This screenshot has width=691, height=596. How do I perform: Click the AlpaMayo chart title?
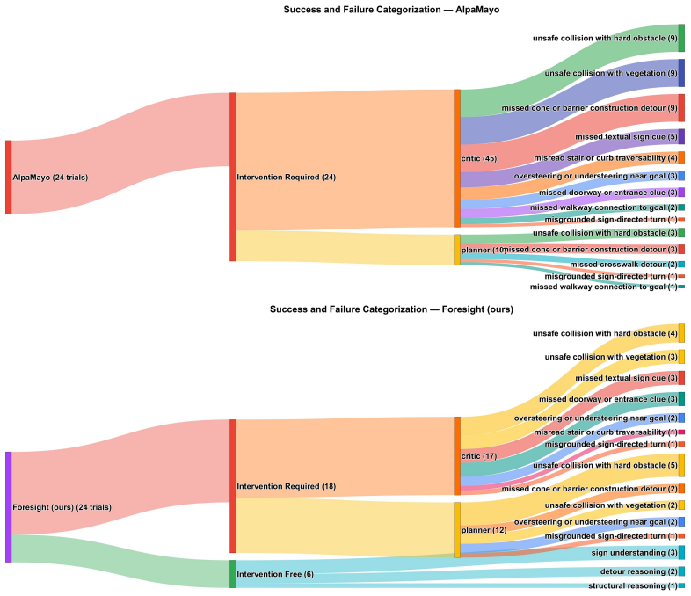tap(391, 10)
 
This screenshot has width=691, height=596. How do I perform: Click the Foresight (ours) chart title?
tap(391, 309)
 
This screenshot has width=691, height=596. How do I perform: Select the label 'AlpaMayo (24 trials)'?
tap(50, 178)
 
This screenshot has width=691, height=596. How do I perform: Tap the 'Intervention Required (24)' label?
tap(287, 177)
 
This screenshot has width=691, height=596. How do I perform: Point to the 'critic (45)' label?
tap(479, 158)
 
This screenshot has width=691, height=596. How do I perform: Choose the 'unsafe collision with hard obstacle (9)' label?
tap(605, 39)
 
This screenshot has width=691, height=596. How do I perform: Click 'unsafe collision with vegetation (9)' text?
tap(611, 73)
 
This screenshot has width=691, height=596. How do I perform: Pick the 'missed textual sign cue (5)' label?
tap(626, 137)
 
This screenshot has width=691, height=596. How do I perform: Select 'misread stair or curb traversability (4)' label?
tap(606, 157)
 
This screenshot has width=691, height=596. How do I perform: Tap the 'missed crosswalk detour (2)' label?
tap(623, 265)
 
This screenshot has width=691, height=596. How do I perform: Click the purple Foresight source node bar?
tap(9, 507)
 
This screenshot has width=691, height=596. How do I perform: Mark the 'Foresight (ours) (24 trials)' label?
tap(62, 507)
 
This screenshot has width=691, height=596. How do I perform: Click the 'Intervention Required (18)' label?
tap(287, 486)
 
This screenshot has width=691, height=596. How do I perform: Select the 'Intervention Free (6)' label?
tap(275, 574)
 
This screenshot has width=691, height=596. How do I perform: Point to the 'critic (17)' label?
tap(479, 456)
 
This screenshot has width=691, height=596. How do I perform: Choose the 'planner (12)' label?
tap(484, 530)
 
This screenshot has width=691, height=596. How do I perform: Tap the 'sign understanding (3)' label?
tap(635, 552)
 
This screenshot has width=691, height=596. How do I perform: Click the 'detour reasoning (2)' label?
tap(639, 571)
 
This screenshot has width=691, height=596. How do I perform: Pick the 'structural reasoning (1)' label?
tap(633, 585)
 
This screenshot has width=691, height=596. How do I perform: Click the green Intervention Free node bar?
tap(233, 574)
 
